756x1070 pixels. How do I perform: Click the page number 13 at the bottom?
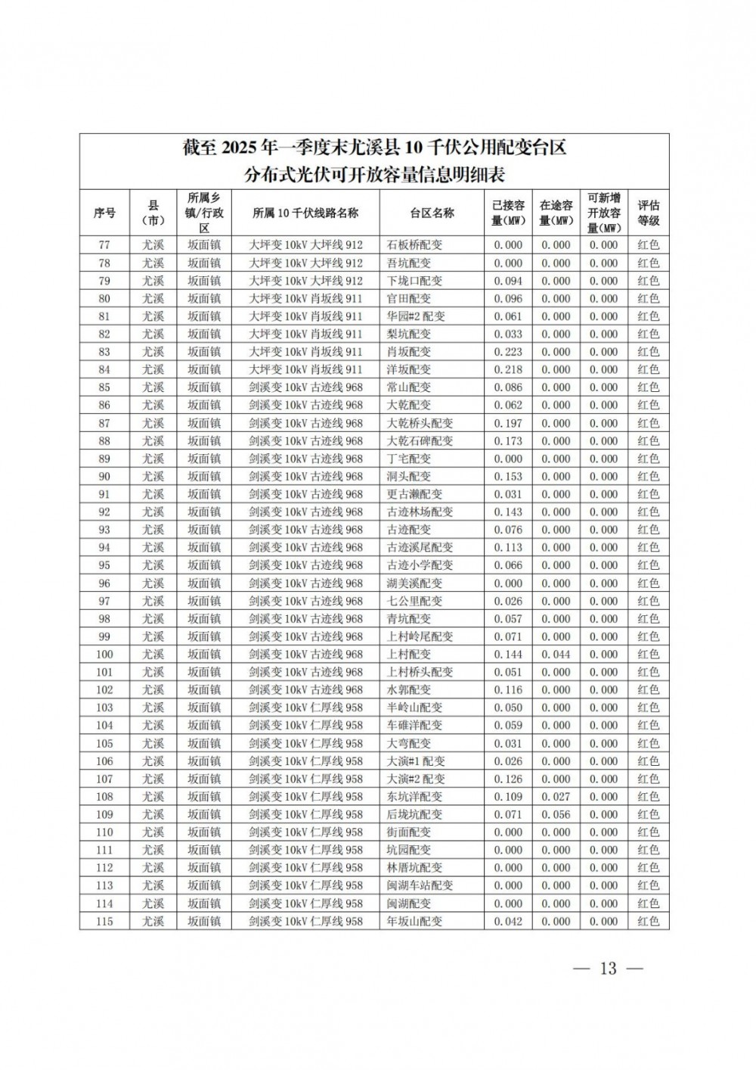608,969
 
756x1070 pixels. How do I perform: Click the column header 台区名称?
432,213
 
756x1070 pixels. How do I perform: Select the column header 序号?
104,213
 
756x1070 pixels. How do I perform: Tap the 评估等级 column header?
648,213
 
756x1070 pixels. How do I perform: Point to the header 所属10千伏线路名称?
305,213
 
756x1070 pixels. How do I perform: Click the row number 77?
104,245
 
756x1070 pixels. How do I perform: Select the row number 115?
104,921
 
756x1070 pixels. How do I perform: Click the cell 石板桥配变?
414,245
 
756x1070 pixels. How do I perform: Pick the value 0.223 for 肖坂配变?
508,352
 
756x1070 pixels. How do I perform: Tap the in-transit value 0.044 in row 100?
556,655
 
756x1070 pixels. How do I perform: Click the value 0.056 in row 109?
556,814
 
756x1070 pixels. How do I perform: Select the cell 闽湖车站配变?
420,885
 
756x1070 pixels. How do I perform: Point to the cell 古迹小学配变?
420,565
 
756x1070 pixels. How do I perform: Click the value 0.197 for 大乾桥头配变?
508,423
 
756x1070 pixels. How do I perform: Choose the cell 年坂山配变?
414,921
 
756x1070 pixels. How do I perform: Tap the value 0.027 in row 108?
556,797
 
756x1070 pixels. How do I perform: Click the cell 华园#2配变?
416,316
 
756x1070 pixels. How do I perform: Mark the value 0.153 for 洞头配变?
508,477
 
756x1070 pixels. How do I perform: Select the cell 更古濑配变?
414,494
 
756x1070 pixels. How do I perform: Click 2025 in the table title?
240,148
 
